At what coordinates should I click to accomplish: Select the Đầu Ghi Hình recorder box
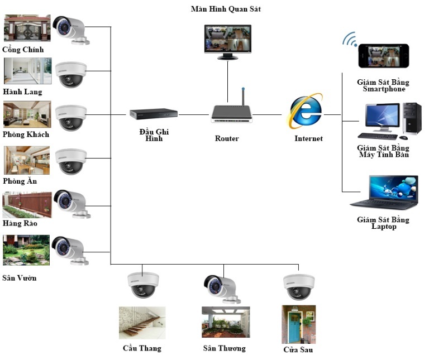(154, 114)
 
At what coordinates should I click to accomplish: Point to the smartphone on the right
(383, 56)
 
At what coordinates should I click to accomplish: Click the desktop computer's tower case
(412, 118)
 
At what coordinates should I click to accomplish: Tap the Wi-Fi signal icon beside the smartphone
(350, 40)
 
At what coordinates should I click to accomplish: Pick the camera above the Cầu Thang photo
(143, 284)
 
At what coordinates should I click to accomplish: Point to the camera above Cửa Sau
(299, 286)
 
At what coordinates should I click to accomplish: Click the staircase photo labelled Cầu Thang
(142, 323)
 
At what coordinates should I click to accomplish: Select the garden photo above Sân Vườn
(26, 250)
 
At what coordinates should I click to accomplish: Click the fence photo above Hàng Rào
(27, 205)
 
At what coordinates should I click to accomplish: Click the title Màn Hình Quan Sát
(226, 9)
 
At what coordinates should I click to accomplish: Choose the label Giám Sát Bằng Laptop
(383, 223)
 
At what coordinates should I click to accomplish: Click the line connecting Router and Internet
(268, 114)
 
